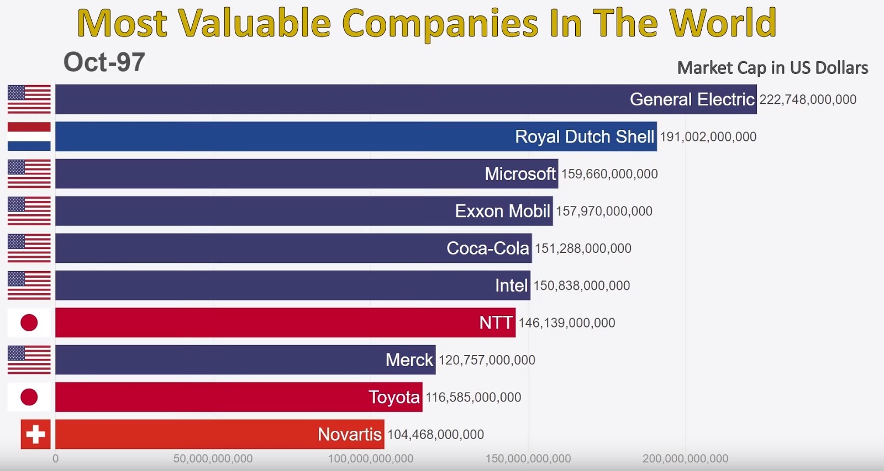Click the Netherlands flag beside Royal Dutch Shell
coord(29,136)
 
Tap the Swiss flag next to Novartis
coord(35,434)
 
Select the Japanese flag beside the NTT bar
coord(29,322)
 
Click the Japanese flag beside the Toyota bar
coord(29,397)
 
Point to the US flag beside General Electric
coord(29,99)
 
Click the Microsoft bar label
coord(519,174)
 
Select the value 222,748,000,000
coord(807,99)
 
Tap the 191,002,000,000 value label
coord(708,136)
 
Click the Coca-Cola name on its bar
coord(487,248)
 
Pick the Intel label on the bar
coord(511,285)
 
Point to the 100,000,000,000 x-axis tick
coord(370,458)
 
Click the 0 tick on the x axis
coord(55,458)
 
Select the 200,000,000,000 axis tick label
coord(685,458)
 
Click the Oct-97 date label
coord(104,62)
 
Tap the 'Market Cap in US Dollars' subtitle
coord(772,67)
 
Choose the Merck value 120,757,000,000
coord(487,360)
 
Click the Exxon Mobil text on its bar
coord(502,211)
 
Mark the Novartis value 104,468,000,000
coord(435,435)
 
